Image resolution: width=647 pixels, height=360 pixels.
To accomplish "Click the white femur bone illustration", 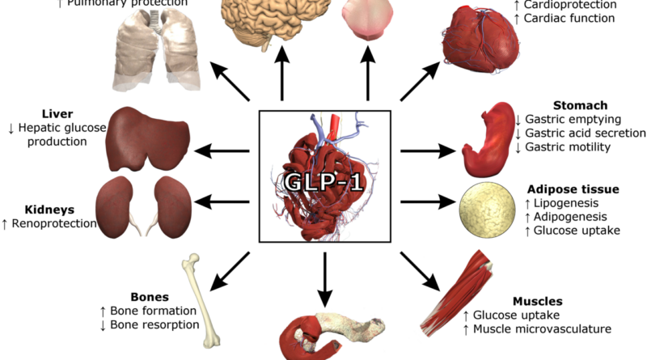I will pos(193,296).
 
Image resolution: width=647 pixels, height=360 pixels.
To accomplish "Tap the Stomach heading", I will pos(580,106).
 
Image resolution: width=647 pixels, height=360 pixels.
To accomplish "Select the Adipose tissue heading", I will pos(573,189).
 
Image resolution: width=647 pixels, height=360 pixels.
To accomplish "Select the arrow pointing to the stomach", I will pos(427,150).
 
